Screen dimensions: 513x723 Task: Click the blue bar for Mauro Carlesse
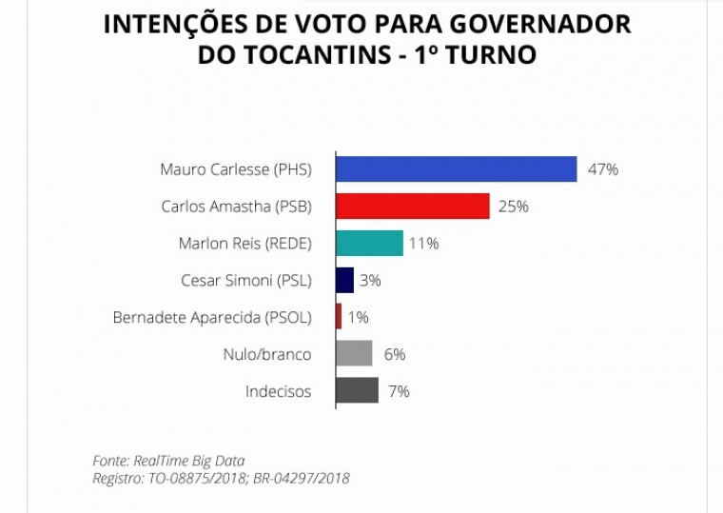(x=457, y=169)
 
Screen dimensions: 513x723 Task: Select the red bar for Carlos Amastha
(x=413, y=207)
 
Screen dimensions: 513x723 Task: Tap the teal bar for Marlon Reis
(x=369, y=244)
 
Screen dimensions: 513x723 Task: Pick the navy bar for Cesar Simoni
(x=344, y=280)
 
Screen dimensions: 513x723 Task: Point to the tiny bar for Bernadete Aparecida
(x=339, y=317)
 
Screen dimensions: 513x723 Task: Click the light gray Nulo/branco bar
(x=354, y=354)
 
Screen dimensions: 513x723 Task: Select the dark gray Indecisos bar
(x=357, y=391)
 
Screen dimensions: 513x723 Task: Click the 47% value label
(x=603, y=169)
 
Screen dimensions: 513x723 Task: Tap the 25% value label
(x=514, y=207)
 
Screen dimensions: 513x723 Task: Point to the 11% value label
(x=423, y=244)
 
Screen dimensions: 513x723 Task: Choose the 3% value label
(x=371, y=281)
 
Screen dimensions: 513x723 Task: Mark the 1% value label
(x=358, y=318)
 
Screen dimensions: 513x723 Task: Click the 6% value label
(x=395, y=354)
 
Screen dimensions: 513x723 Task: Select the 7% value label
(x=399, y=391)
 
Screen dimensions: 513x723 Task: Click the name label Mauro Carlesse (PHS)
(x=235, y=169)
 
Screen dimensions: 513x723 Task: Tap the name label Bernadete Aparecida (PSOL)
(x=211, y=318)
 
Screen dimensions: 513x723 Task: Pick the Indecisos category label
(x=278, y=391)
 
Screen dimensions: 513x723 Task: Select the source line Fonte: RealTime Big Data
(x=168, y=461)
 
